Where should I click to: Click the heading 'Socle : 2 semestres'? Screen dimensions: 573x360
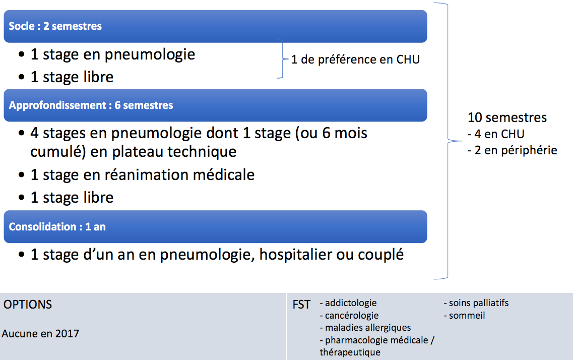click(x=55, y=26)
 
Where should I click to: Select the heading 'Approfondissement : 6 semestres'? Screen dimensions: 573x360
click(x=91, y=105)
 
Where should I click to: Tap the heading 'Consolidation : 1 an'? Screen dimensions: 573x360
click(x=57, y=226)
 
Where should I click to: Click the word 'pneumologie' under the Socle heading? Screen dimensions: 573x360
click(x=150, y=55)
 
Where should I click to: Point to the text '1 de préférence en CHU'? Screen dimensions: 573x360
click(x=356, y=59)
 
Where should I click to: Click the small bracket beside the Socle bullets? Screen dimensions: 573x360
click(x=283, y=59)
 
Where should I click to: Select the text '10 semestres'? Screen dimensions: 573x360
click(x=507, y=117)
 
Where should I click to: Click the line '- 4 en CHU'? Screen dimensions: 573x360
click(x=496, y=134)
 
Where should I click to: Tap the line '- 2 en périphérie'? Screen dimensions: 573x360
click(x=513, y=150)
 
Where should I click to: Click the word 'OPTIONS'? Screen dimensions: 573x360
click(x=28, y=305)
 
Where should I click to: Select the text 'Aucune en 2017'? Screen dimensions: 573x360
click(x=40, y=334)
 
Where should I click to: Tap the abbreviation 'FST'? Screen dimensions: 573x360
click(x=301, y=305)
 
